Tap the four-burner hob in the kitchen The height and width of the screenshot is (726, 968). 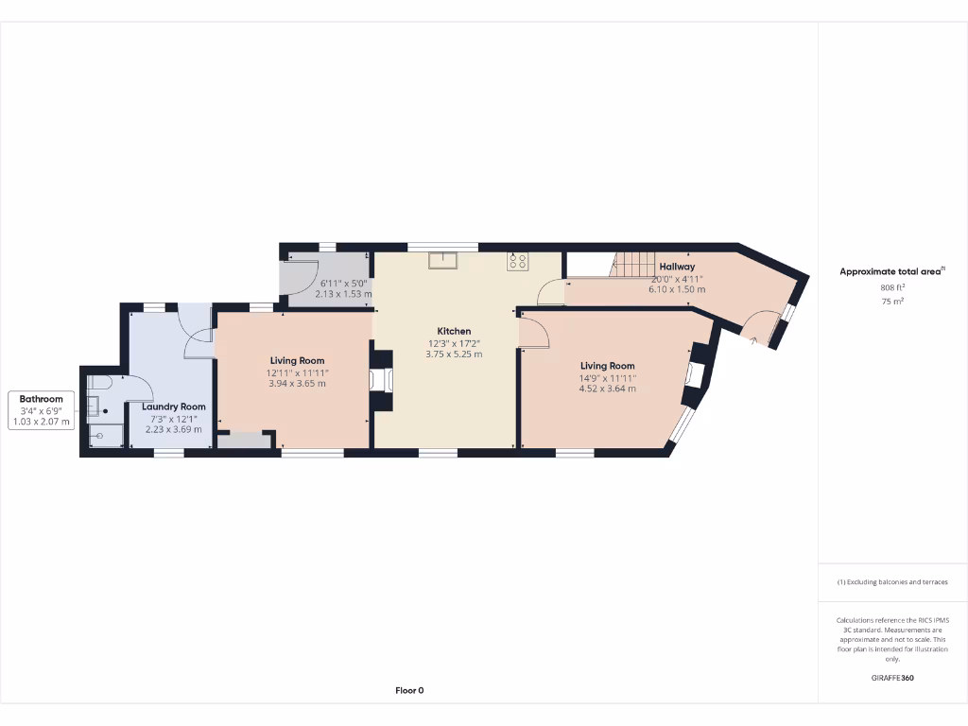tap(517, 261)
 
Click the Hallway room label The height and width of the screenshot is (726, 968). tap(677, 268)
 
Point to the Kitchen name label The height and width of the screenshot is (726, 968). tap(454, 332)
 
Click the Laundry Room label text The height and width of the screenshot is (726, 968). tap(173, 406)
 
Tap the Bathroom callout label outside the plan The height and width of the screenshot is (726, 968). tap(43, 400)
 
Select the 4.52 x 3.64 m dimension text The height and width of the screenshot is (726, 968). tap(607, 389)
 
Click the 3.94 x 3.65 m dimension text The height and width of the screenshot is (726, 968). tap(297, 384)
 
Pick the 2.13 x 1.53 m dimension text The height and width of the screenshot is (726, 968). tap(344, 294)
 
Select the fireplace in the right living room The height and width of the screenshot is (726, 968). tap(692, 375)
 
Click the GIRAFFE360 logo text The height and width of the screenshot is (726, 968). tap(892, 678)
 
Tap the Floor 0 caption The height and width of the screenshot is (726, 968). tap(409, 691)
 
